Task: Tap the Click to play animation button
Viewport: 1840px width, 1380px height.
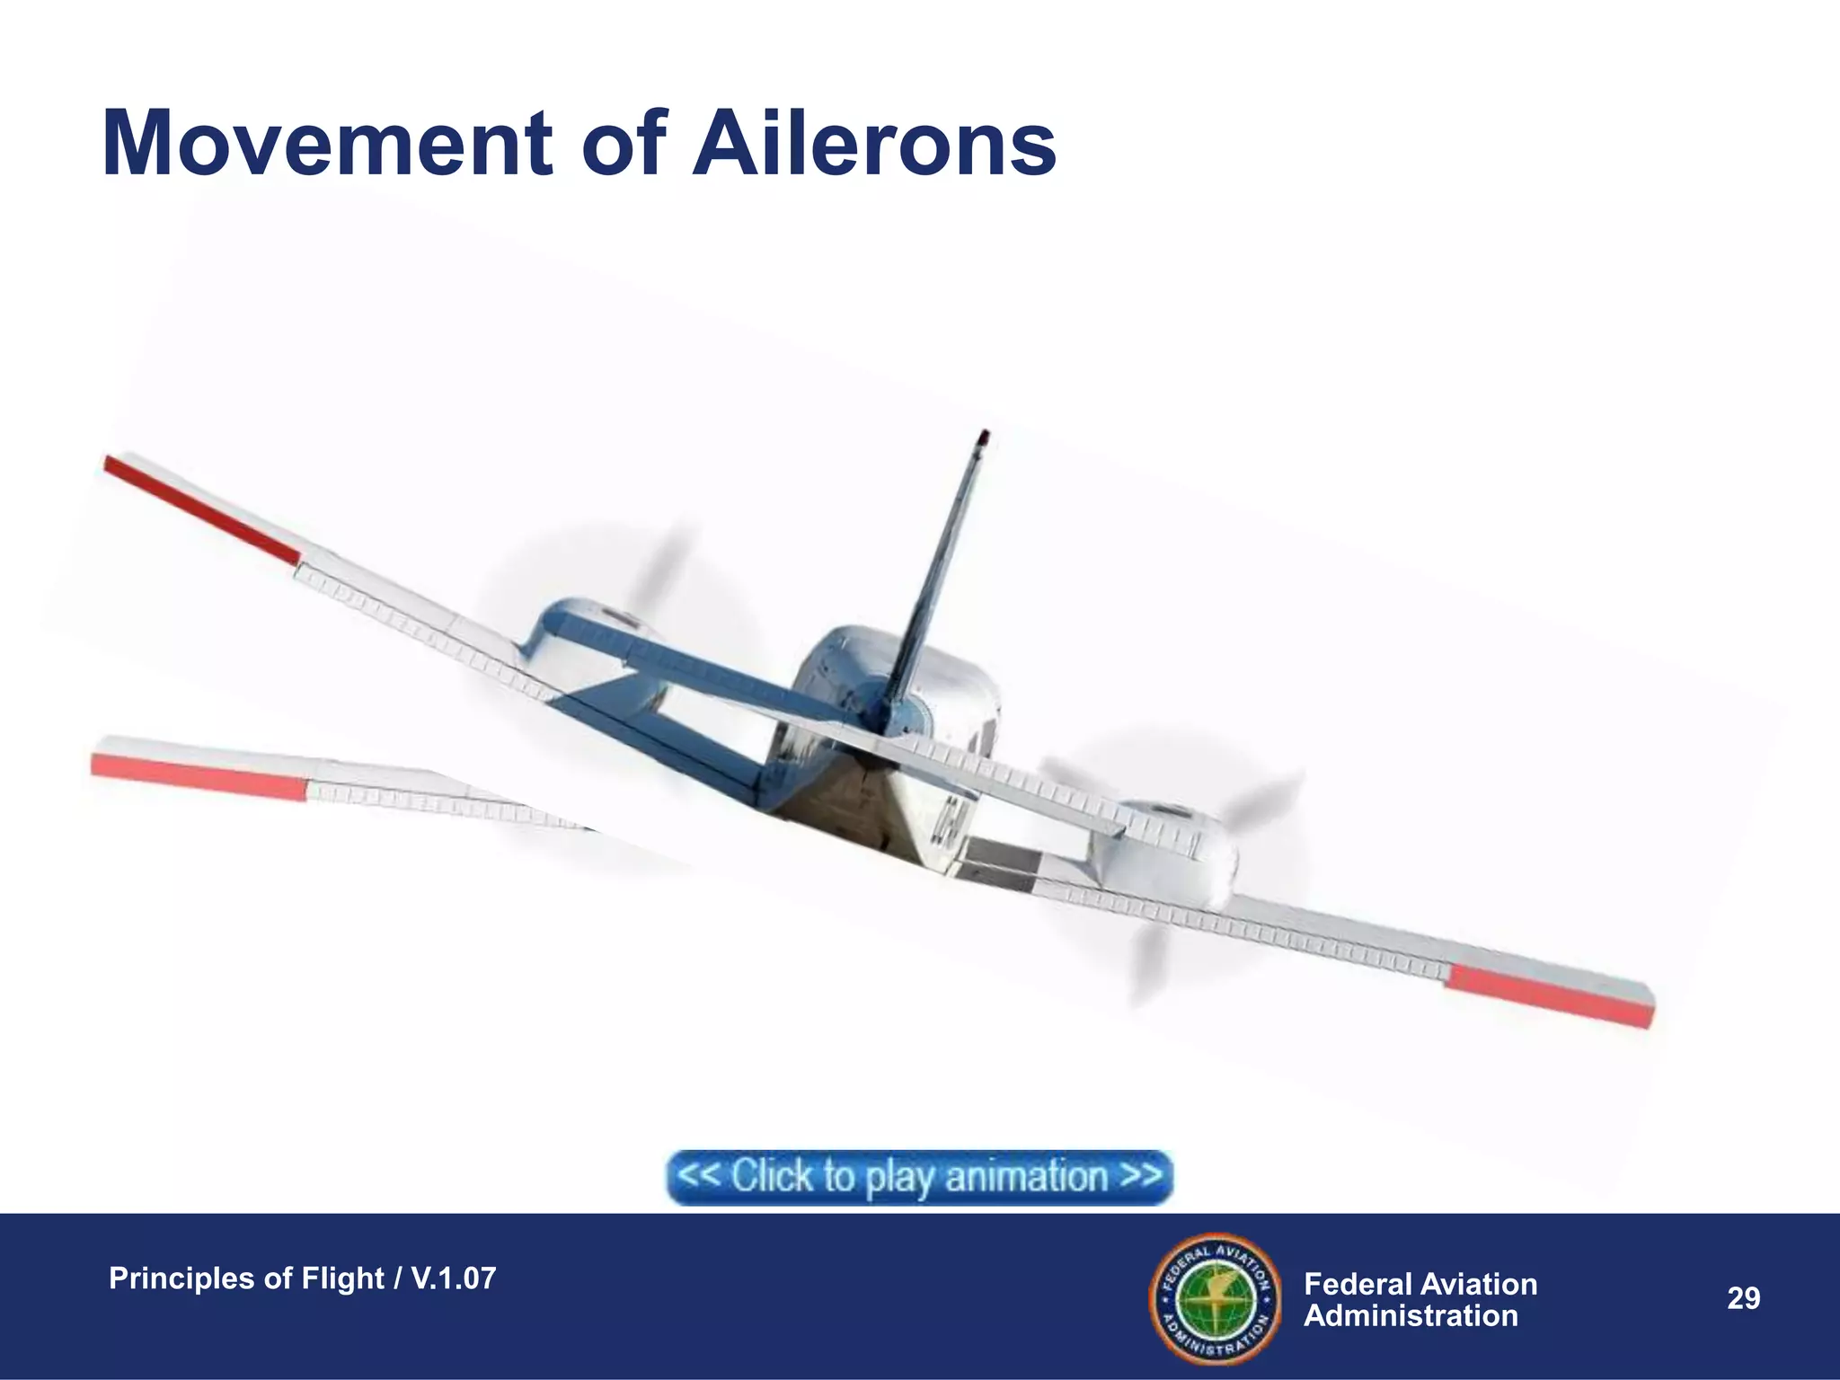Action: (919, 1176)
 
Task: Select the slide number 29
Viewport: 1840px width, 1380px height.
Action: (1743, 1298)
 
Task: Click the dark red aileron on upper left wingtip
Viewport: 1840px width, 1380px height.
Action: (199, 509)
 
